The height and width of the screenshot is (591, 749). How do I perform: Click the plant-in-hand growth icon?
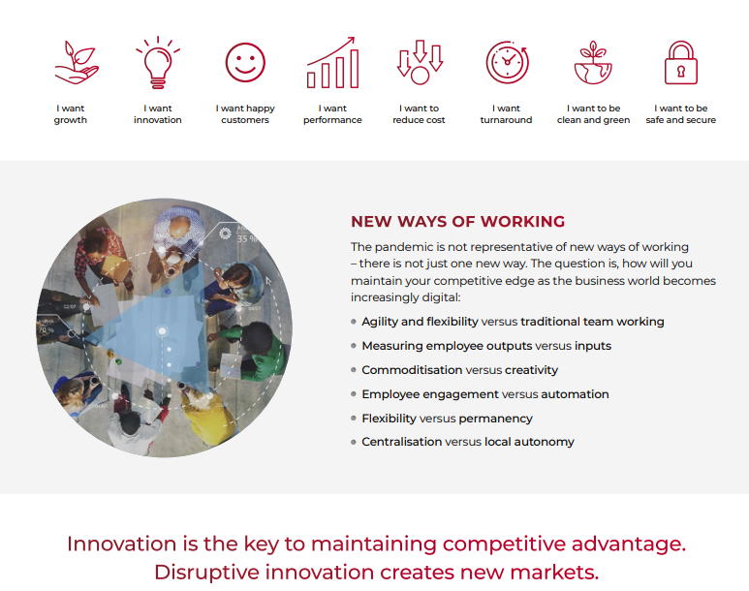point(76,63)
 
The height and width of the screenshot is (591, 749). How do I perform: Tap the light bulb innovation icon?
point(158,62)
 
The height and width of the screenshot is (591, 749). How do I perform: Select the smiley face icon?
point(245,63)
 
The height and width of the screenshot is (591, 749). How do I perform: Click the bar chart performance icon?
point(332,63)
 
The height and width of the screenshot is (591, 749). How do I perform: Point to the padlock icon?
point(681,63)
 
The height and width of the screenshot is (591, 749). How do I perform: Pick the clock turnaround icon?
point(508,63)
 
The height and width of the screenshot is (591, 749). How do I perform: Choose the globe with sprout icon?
point(593,63)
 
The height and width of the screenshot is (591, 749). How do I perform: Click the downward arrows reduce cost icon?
point(420,63)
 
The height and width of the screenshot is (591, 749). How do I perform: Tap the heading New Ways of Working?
point(457,222)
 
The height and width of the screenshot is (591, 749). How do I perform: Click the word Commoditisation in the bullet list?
point(412,370)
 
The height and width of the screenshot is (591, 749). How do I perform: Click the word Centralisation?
point(401,442)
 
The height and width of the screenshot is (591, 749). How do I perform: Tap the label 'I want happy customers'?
point(245,114)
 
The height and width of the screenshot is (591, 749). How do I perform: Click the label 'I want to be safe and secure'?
point(681,114)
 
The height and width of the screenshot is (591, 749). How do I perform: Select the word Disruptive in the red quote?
point(206,572)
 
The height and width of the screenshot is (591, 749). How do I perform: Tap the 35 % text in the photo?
point(247,238)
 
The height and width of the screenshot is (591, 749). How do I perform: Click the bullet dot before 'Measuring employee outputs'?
point(354,346)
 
